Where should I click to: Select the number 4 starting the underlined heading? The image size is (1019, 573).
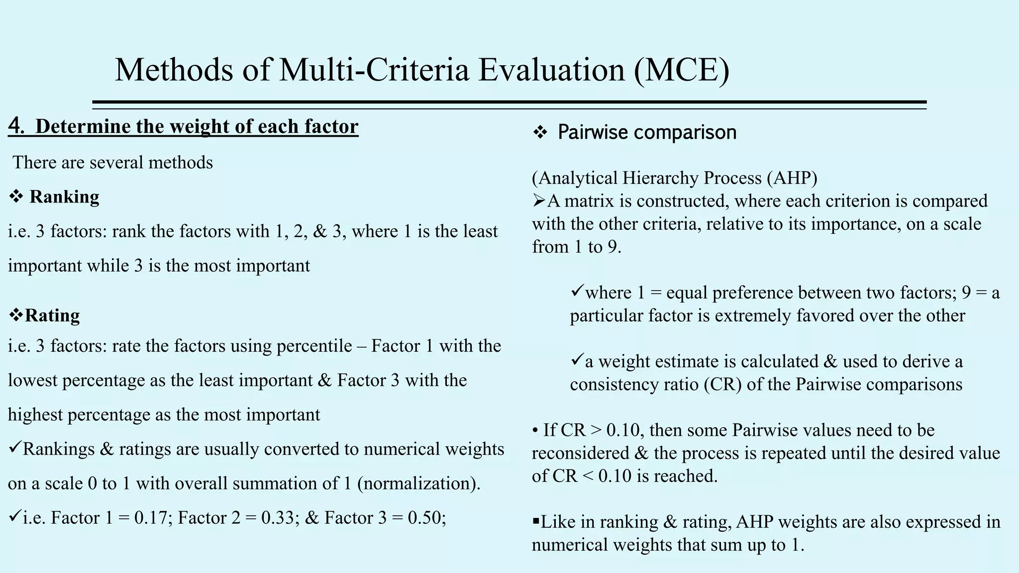point(15,126)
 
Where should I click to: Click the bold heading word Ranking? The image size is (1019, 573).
point(64,197)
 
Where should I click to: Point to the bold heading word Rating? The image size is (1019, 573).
point(52,315)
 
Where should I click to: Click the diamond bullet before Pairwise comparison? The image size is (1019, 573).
point(540,133)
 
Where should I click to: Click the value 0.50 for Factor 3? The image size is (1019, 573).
point(426,518)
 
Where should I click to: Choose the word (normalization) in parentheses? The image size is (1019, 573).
point(418,483)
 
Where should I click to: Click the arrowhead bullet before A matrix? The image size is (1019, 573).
point(539,200)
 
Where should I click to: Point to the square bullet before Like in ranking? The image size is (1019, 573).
point(536,522)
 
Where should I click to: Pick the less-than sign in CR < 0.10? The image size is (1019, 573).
point(588,477)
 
